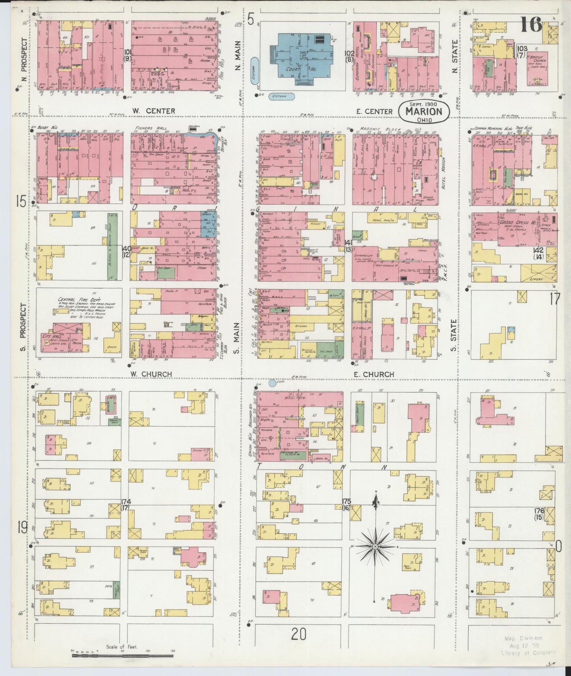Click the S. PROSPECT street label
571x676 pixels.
[23, 327]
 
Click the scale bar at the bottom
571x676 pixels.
[122, 655]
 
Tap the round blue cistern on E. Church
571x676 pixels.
[272, 383]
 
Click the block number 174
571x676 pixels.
[126, 502]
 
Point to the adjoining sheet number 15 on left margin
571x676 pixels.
[21, 202]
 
